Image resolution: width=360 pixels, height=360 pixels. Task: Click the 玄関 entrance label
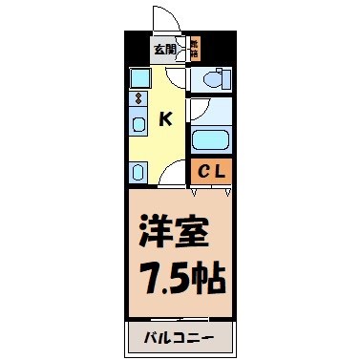(x=163, y=50)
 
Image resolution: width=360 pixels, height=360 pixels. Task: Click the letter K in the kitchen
(x=165, y=118)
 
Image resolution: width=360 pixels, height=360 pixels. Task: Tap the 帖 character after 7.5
(x=206, y=280)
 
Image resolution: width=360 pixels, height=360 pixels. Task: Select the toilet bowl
(x=214, y=80)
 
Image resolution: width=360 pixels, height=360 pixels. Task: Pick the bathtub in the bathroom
(x=210, y=141)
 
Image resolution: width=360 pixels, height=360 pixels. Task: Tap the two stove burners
(x=138, y=99)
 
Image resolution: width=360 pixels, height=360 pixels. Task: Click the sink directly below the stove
(x=138, y=123)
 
